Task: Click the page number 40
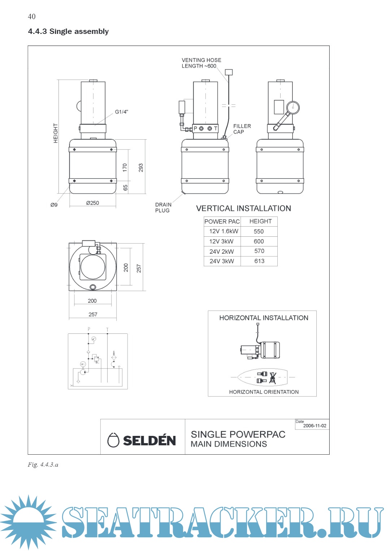click(x=32, y=17)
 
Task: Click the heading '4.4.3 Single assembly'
click(x=68, y=31)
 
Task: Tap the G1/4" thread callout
click(x=122, y=112)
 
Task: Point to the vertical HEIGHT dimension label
click(x=56, y=133)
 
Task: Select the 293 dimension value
click(x=141, y=167)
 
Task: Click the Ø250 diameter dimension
click(x=92, y=203)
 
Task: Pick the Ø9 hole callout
click(x=54, y=205)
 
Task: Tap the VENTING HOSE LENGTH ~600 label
click(x=201, y=63)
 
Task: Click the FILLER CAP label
click(x=242, y=129)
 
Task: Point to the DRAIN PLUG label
click(x=163, y=207)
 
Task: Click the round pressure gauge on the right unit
click(x=293, y=108)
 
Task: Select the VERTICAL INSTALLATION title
click(x=243, y=209)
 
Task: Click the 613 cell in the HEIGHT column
click(x=259, y=261)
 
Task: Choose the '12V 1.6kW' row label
click(x=224, y=231)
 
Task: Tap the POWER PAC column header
click(x=222, y=222)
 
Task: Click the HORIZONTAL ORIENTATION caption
click(x=264, y=392)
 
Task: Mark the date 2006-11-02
click(x=315, y=426)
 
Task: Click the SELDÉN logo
click(x=142, y=440)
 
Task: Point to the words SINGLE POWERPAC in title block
click(x=238, y=434)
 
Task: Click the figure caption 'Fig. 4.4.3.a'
click(x=43, y=465)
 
